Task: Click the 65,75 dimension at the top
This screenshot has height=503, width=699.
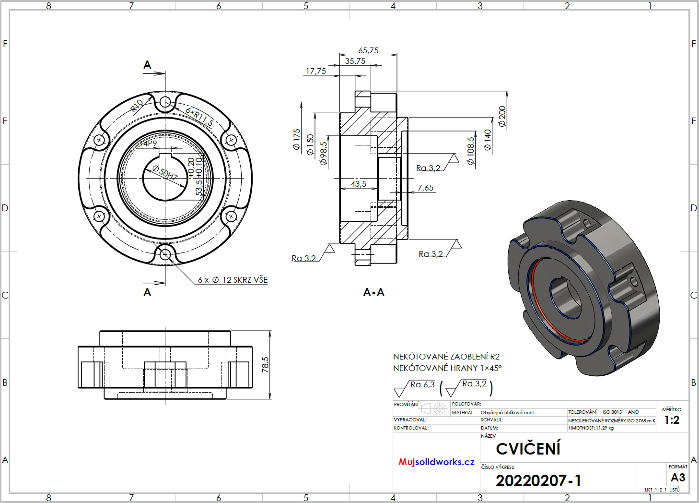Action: click(x=368, y=50)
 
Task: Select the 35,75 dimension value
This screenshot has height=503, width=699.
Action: click(x=355, y=61)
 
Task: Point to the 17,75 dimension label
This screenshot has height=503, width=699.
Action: click(x=316, y=71)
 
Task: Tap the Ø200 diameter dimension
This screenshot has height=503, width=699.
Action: click(x=502, y=116)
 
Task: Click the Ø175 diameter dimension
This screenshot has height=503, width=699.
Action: click(x=297, y=139)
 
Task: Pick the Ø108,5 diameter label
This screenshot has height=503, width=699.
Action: click(x=471, y=151)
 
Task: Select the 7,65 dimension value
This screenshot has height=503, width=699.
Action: click(x=425, y=188)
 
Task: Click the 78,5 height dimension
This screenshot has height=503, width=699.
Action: click(x=265, y=364)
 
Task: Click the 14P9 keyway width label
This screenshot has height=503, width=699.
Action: click(x=148, y=144)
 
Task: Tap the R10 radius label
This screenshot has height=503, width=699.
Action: click(x=137, y=105)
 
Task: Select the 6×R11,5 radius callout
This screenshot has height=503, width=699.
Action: click(x=199, y=117)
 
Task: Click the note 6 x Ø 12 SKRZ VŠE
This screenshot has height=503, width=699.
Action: click(x=233, y=280)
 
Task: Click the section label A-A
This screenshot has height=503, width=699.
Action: click(x=373, y=292)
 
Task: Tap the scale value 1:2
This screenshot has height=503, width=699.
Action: click(x=672, y=420)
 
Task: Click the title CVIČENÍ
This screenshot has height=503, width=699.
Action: click(x=528, y=449)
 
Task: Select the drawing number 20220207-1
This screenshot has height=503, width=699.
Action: click(x=538, y=480)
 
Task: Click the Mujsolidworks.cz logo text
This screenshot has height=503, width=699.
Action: click(x=436, y=462)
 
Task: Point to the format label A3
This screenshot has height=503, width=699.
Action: click(x=678, y=478)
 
